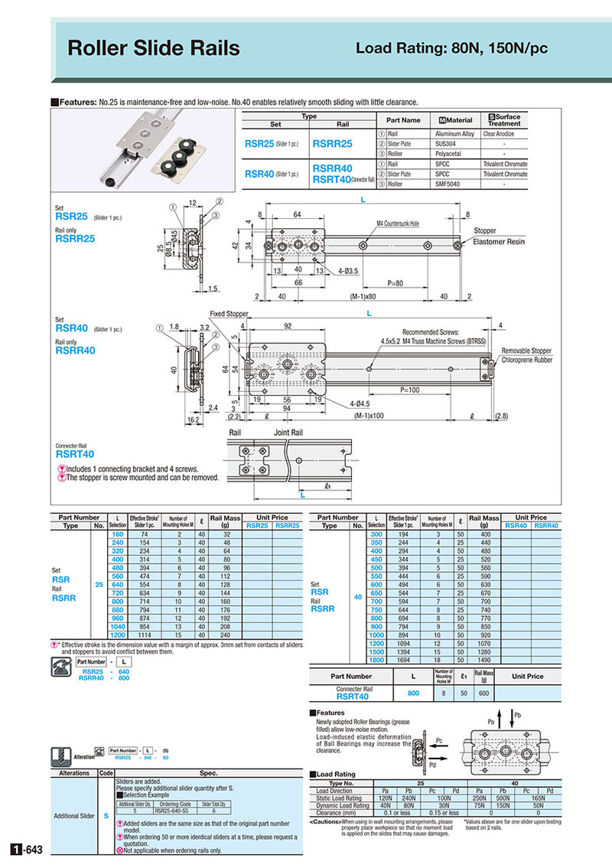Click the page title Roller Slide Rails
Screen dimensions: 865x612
(x=153, y=48)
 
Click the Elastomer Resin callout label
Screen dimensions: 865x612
(x=499, y=241)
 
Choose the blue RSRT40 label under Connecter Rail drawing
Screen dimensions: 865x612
(x=75, y=454)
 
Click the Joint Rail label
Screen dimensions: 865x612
(x=290, y=433)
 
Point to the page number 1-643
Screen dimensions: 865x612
(x=28, y=850)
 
